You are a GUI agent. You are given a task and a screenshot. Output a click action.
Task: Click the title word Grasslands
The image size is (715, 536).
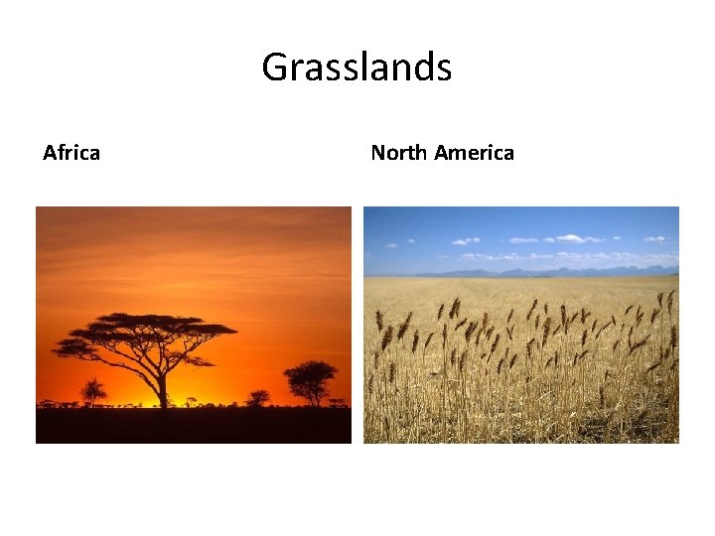tap(357, 68)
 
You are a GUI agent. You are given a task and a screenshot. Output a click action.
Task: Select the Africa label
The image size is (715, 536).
tap(71, 153)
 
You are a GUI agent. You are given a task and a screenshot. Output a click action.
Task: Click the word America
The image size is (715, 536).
tap(475, 153)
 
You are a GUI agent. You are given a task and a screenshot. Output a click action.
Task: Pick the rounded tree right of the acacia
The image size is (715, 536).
tap(310, 378)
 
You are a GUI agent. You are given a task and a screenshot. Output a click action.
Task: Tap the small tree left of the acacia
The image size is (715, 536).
tap(93, 389)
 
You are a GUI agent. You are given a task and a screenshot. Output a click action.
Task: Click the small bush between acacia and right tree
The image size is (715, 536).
tap(258, 397)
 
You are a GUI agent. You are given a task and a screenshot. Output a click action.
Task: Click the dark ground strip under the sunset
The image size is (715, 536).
tap(194, 425)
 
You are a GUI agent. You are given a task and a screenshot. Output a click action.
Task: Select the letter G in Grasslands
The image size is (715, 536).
tap(274, 68)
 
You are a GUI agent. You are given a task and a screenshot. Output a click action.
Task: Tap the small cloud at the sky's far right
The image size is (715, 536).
tap(655, 239)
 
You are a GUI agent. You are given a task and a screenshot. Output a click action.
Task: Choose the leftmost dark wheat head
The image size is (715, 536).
tap(379, 320)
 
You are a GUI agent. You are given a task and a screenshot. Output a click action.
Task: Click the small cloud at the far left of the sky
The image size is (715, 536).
tap(465, 241)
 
